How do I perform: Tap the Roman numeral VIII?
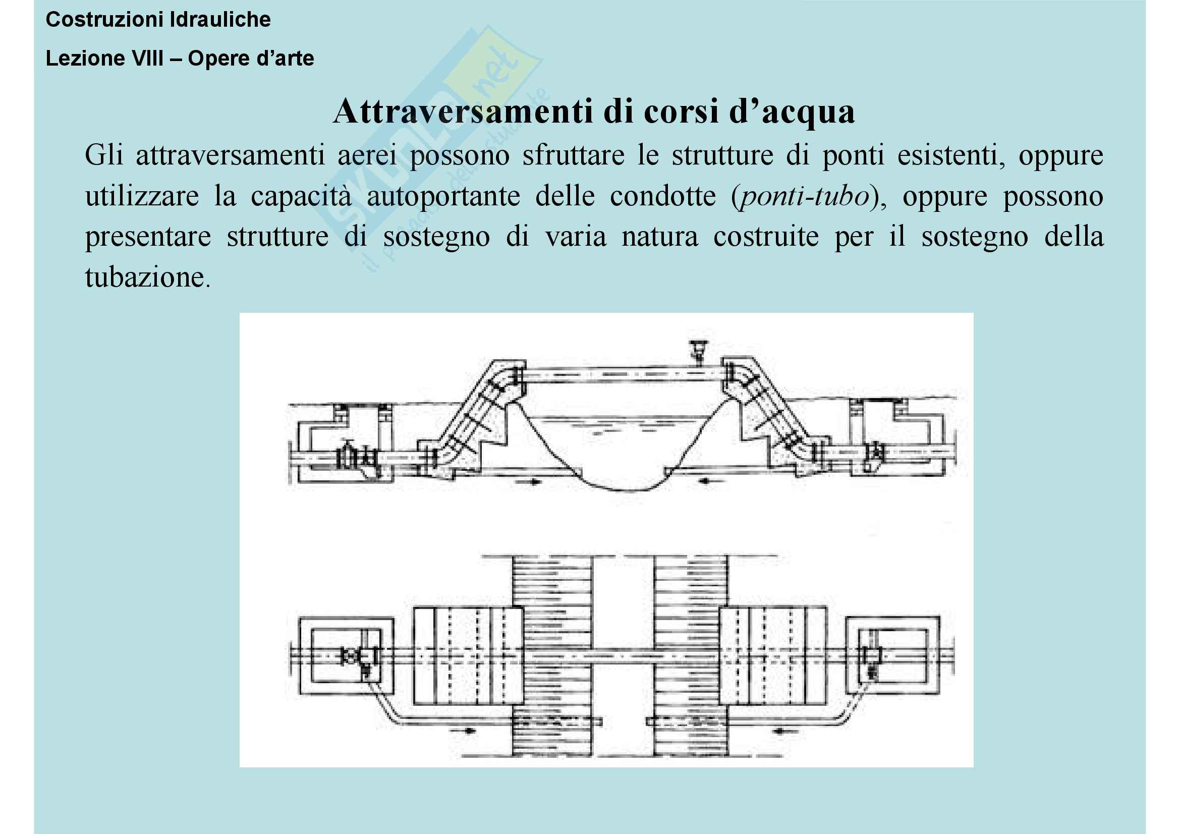point(147,59)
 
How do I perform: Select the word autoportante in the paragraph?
point(443,196)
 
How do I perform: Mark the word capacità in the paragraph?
point(301,196)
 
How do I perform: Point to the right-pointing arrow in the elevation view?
point(530,482)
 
